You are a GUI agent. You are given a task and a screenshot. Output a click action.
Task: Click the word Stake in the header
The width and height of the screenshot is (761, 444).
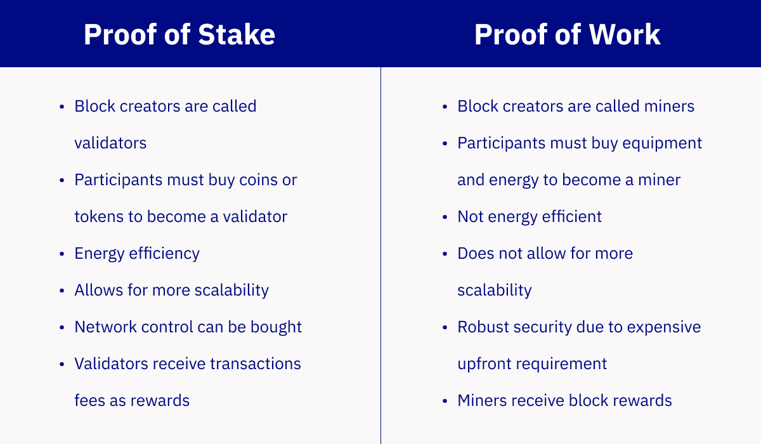click(x=237, y=34)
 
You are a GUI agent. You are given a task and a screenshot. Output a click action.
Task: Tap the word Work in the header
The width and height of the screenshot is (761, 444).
click(x=625, y=34)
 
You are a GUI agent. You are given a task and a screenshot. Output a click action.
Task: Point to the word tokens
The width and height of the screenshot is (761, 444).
click(x=99, y=217)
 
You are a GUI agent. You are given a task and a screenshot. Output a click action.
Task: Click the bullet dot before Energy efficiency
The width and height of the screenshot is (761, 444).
click(x=62, y=254)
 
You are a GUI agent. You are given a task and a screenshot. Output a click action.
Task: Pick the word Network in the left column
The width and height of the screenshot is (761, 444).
click(x=105, y=327)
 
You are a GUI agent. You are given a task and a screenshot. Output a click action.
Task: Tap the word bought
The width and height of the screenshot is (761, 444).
click(x=276, y=327)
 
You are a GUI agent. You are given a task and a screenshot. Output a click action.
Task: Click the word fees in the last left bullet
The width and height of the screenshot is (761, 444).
click(x=89, y=400)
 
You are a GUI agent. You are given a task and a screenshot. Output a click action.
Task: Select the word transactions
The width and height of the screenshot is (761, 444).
click(x=256, y=364)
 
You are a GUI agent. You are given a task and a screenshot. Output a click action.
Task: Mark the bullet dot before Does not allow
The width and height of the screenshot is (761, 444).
click(x=445, y=254)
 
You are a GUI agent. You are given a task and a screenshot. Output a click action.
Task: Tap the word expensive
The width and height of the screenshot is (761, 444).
click(x=664, y=327)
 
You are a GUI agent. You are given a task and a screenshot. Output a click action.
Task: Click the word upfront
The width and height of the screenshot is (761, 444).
click(x=485, y=364)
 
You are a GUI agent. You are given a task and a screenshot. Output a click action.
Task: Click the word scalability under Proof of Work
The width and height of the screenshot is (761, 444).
click(x=495, y=291)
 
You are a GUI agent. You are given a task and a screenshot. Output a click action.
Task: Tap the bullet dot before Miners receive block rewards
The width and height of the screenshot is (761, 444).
click(x=445, y=401)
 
